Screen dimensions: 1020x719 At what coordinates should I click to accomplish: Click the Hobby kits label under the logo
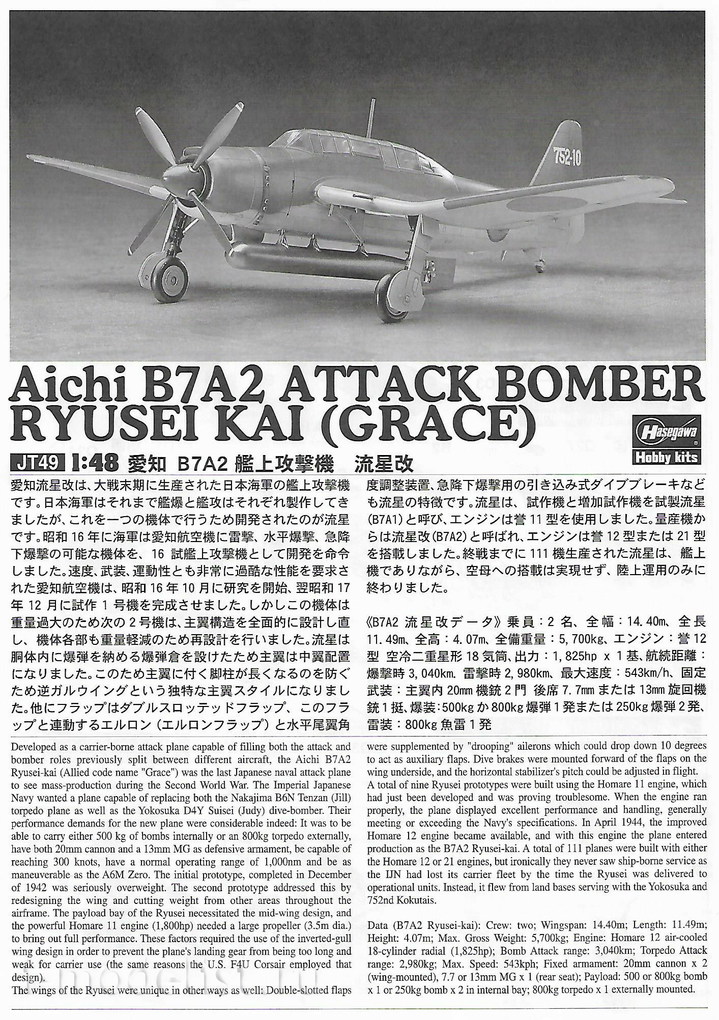(666, 457)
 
